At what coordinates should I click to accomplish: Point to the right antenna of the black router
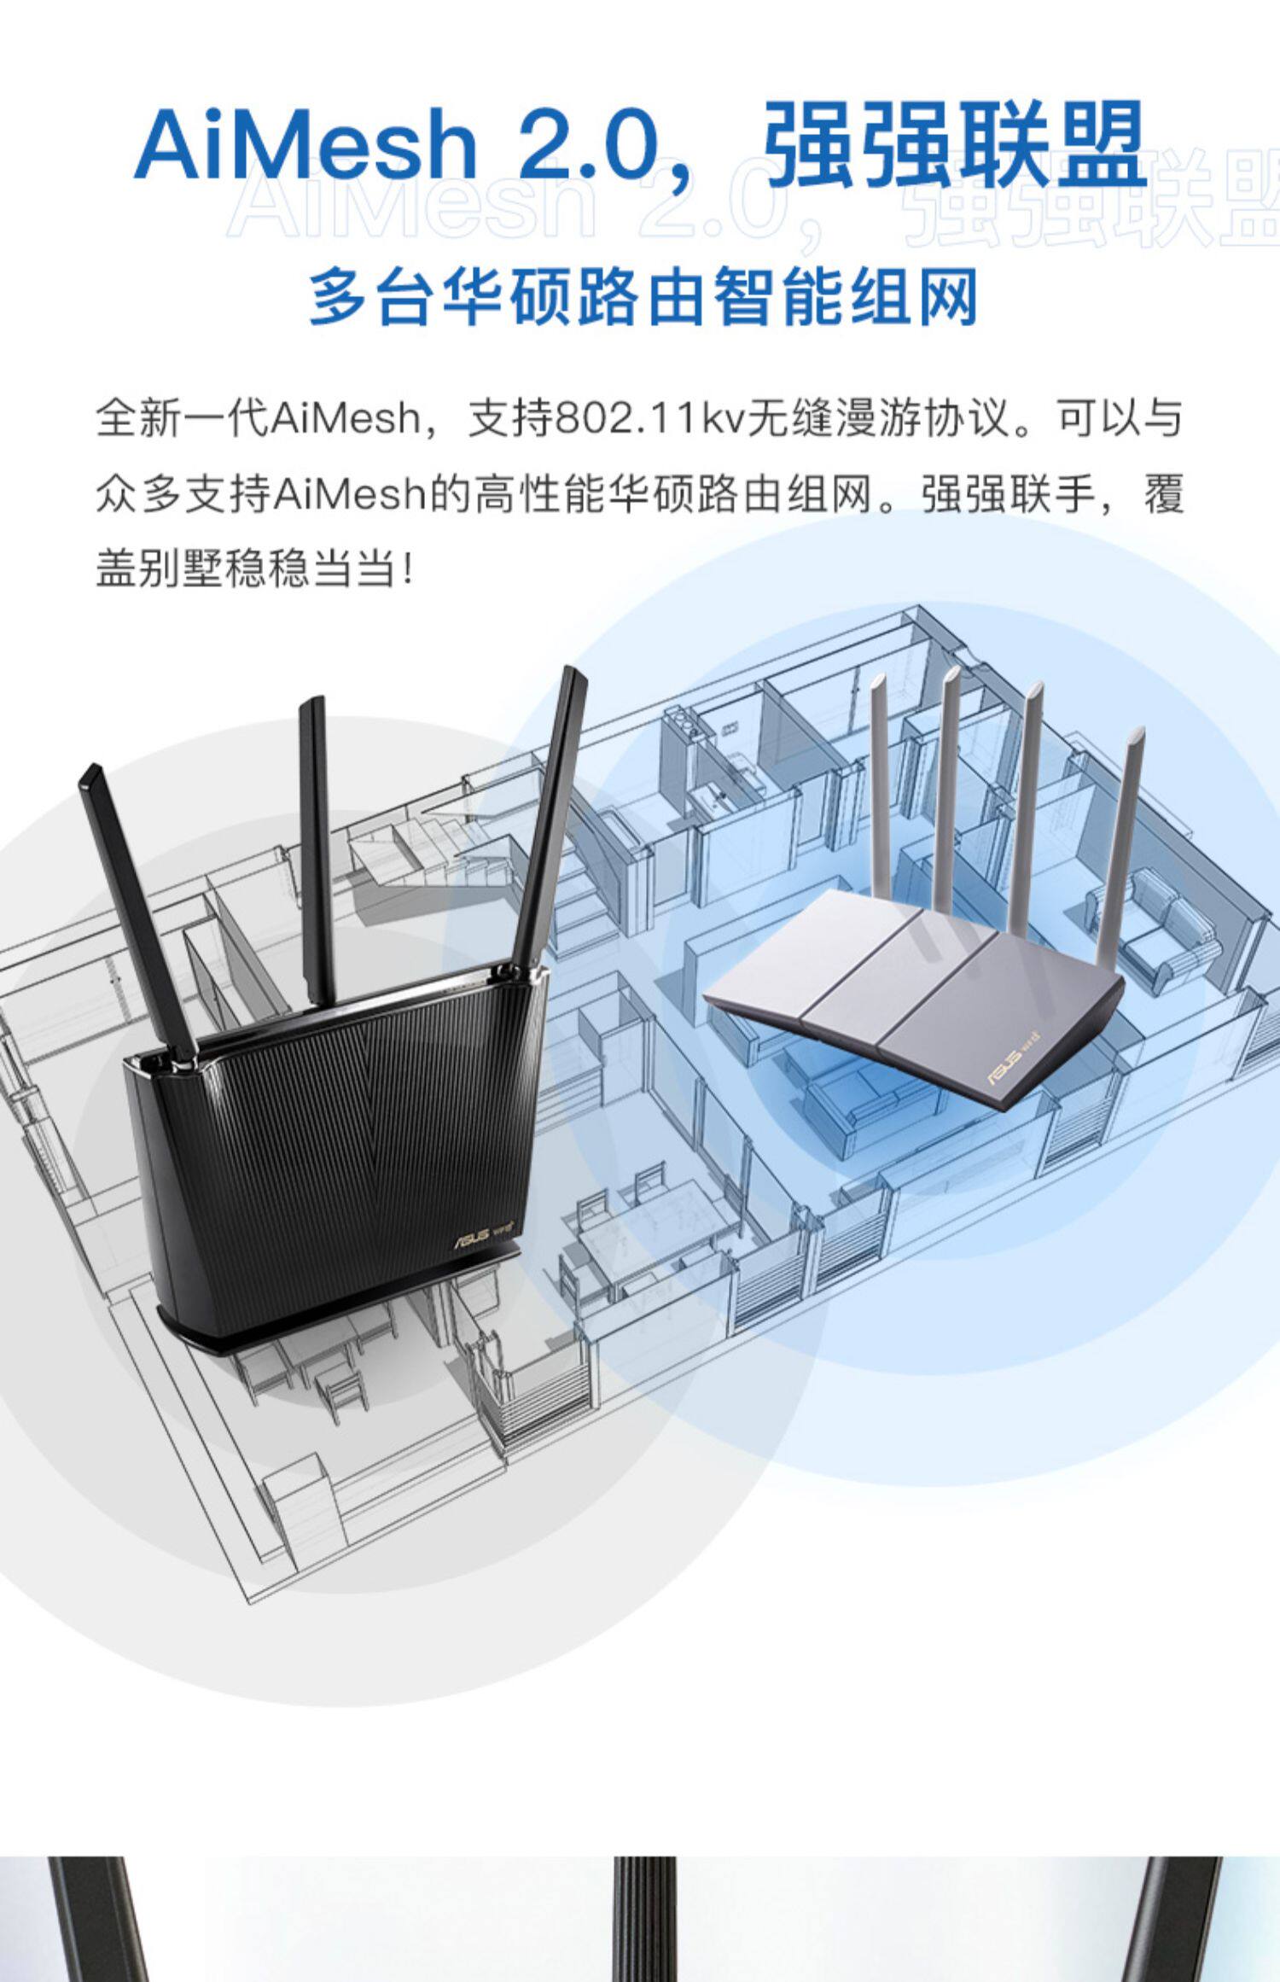[550, 819]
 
